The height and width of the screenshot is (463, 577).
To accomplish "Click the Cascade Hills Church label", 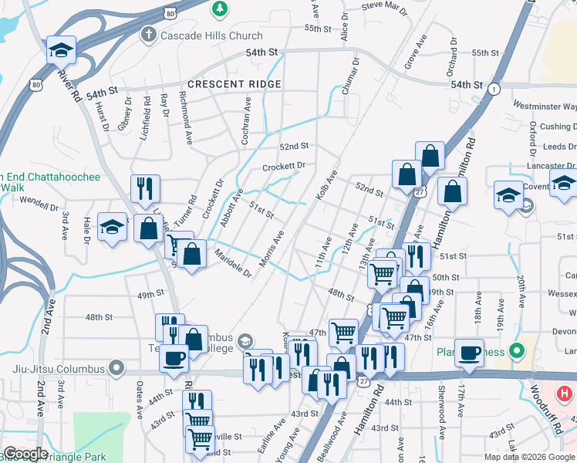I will coord(211,35).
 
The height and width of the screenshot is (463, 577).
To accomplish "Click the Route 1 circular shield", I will coord(493,90).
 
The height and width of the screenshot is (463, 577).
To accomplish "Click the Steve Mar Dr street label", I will coord(383,8).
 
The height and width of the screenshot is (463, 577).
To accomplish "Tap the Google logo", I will coord(25,454).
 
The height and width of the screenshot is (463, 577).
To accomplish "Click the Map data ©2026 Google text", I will coord(529,457).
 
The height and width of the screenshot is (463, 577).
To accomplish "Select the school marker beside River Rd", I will coord(61,50).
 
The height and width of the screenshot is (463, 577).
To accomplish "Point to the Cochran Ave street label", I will coord(247,117).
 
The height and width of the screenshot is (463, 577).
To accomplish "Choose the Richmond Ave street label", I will coord(186,119).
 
